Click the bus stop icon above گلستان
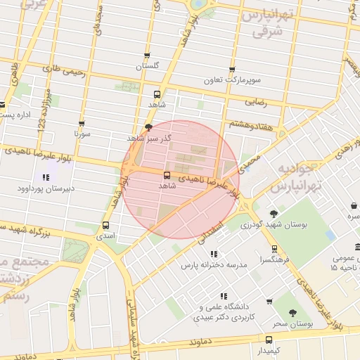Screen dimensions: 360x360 (x=146, y=55)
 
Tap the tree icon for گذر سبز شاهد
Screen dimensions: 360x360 (x=148, y=127)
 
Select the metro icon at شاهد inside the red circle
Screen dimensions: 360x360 (x=167, y=175)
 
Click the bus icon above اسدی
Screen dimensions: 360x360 (x=105, y=226)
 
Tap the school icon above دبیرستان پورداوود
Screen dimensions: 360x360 (x=46, y=176)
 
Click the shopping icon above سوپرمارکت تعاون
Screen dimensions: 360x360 (x=232, y=70)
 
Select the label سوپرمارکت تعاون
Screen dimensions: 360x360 (x=232, y=80)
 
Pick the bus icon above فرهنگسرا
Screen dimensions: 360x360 (x=274, y=248)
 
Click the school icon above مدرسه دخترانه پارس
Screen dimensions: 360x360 (x=214, y=254)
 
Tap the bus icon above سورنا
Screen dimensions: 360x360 (x=82, y=123)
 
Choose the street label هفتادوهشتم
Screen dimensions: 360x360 (x=250, y=123)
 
